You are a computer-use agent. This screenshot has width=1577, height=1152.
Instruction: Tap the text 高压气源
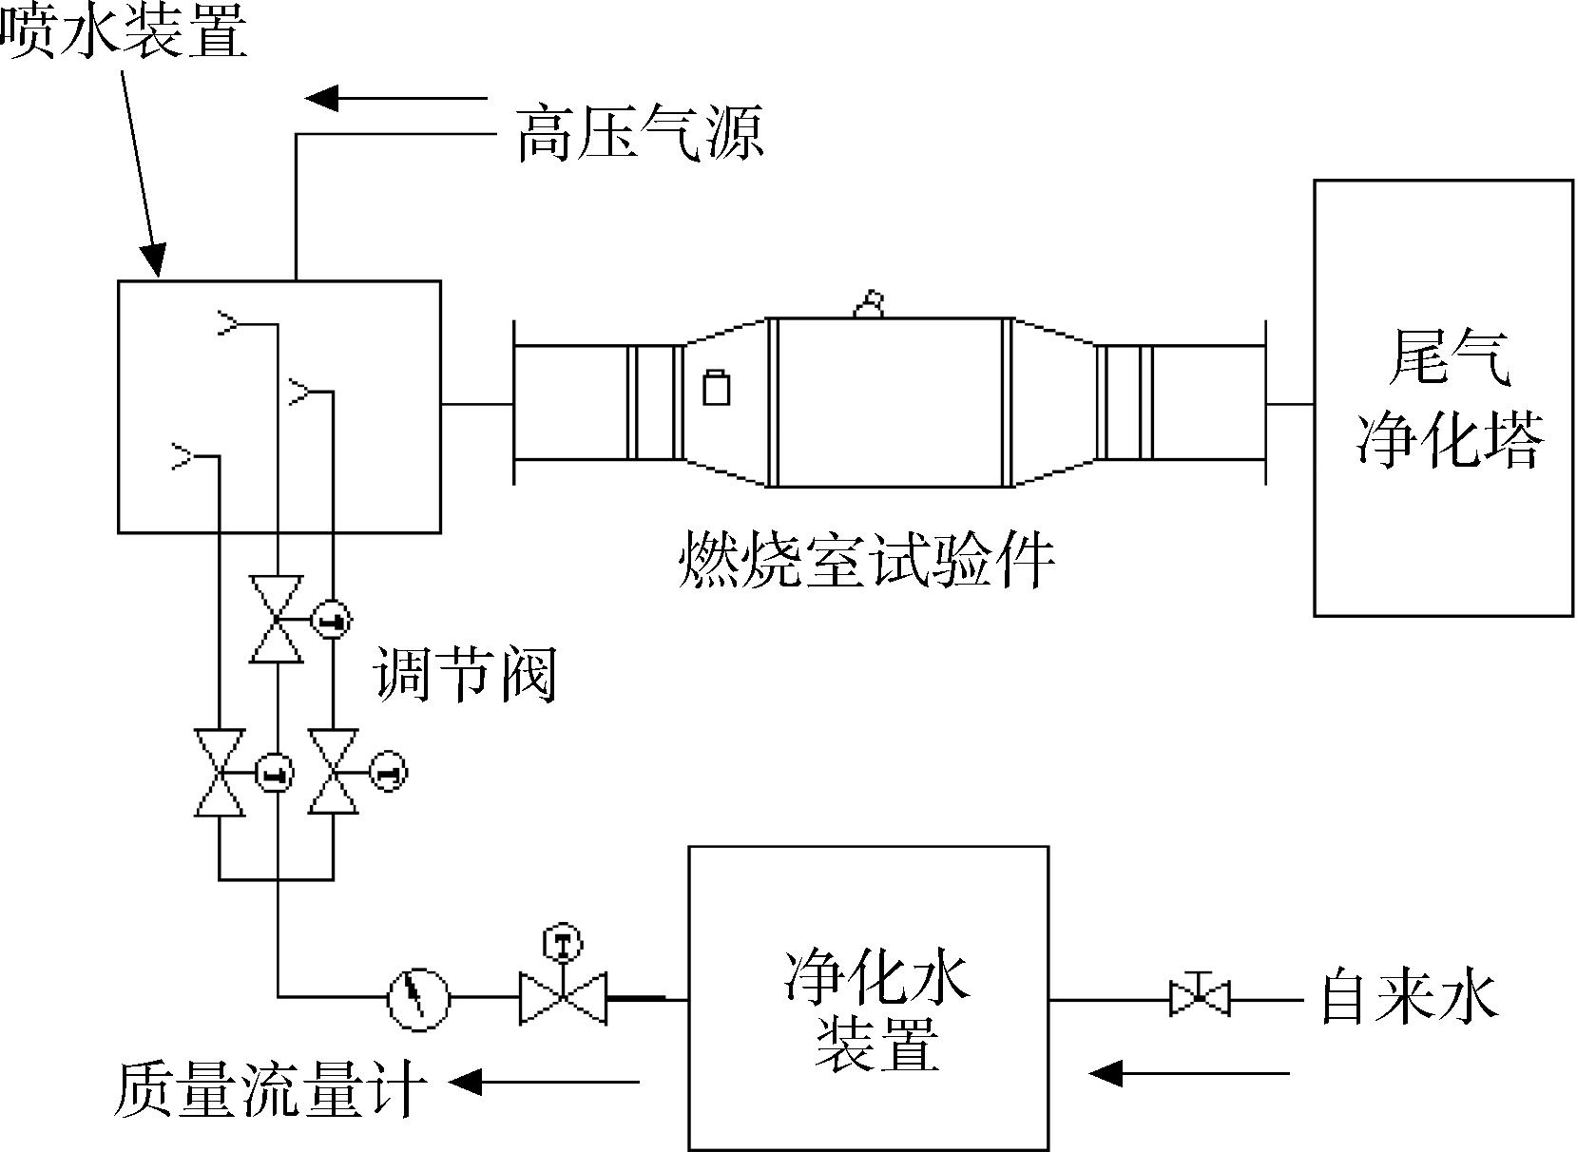(x=640, y=133)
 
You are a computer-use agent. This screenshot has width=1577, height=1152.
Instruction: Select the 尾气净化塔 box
(x=1443, y=398)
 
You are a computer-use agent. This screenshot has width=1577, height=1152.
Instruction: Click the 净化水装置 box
(x=868, y=998)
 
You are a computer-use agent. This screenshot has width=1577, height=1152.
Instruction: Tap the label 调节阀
(x=466, y=674)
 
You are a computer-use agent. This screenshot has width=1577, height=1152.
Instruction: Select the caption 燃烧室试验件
(x=867, y=561)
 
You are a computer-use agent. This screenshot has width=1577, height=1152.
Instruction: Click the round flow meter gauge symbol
(x=418, y=998)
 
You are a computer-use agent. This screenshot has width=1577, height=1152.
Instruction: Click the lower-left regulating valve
(x=220, y=773)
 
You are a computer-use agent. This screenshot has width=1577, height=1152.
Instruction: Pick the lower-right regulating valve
(x=334, y=773)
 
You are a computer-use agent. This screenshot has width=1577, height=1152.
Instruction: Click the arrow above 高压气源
(x=396, y=98)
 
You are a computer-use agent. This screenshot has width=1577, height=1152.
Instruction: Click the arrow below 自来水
(x=1188, y=1074)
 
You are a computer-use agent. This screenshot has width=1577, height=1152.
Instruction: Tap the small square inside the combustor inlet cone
(x=717, y=387)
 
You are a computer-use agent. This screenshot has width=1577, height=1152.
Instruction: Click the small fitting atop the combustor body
(x=869, y=305)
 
